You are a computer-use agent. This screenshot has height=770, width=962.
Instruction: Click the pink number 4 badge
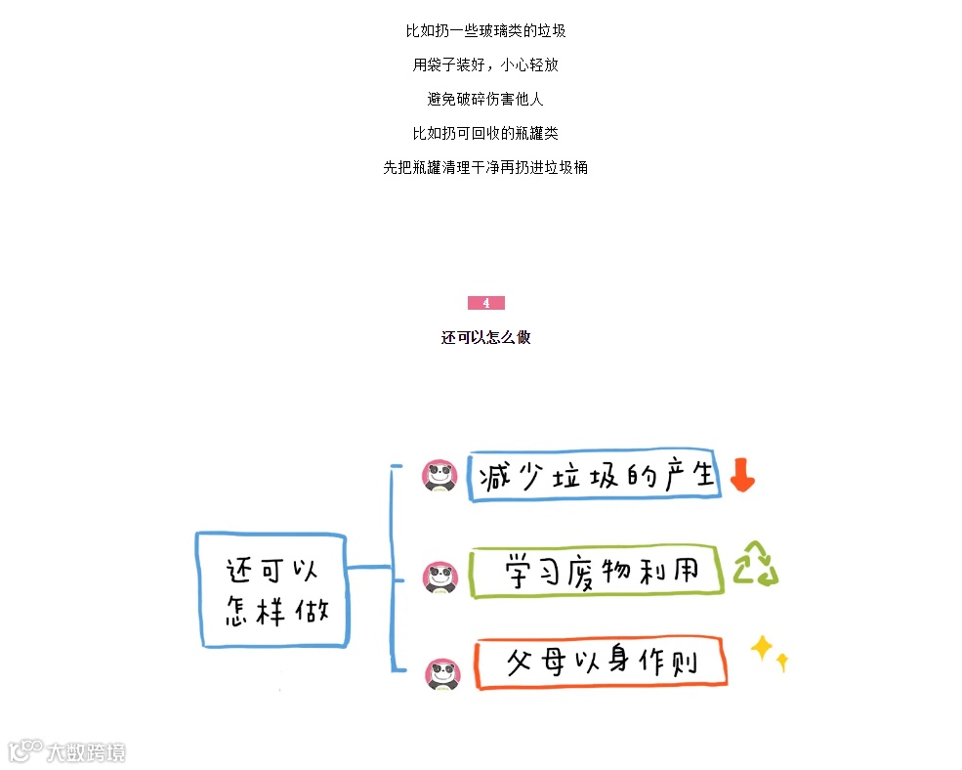pos(485,303)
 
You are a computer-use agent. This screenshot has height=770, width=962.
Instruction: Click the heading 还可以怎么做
pos(485,338)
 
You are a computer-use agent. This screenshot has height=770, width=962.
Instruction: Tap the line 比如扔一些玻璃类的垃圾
pos(485,31)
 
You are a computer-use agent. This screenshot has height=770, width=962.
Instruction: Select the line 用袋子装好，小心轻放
pos(485,65)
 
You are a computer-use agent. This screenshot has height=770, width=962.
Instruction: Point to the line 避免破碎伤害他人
pos(485,99)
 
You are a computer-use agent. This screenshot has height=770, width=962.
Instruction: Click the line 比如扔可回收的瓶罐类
pos(485,133)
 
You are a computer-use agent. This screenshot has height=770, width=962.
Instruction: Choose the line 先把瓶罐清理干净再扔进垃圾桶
pos(485,167)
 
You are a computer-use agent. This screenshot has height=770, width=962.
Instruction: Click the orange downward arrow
pos(742,475)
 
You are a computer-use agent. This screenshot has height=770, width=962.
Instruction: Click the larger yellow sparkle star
pos(761,647)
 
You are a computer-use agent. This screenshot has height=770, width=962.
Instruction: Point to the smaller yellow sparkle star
pos(781,663)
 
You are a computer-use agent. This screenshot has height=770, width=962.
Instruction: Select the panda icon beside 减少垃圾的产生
pos(440,476)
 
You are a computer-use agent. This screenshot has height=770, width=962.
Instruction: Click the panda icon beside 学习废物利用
pos(440,577)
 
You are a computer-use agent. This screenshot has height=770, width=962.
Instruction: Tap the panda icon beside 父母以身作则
pos(442,673)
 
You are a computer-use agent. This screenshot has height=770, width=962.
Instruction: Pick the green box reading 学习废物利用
pos(596,571)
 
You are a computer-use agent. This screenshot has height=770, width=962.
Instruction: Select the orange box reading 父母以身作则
pos(601,663)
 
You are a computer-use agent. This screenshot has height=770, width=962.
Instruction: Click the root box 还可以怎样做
pos(272,589)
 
